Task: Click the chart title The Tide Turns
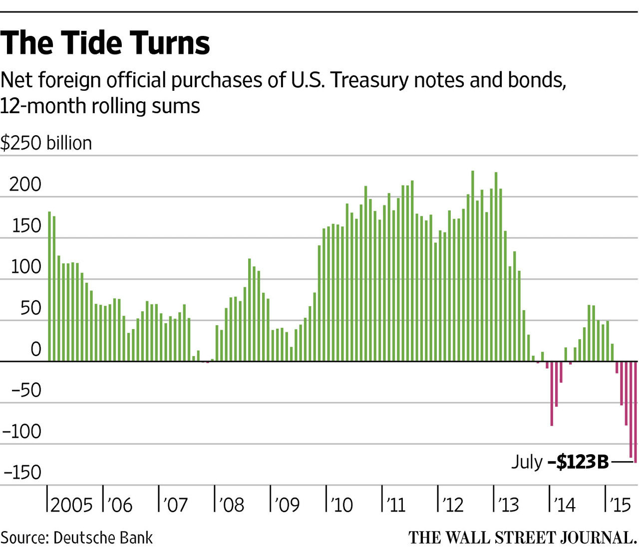[x=105, y=43]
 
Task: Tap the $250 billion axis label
[x=46, y=143]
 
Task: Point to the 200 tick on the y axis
[x=25, y=184]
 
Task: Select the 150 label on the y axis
[x=25, y=226]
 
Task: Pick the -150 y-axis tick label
[x=21, y=472]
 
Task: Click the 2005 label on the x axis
[x=71, y=505]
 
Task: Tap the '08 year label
[x=231, y=505]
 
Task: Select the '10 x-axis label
[x=341, y=505]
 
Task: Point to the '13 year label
[x=508, y=505]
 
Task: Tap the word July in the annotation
[x=527, y=462]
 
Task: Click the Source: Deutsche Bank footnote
[x=77, y=538]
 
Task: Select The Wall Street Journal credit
[x=522, y=538]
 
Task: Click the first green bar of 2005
[x=49, y=286]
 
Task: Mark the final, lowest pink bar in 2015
[x=636, y=412]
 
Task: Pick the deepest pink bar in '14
[x=552, y=393]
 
